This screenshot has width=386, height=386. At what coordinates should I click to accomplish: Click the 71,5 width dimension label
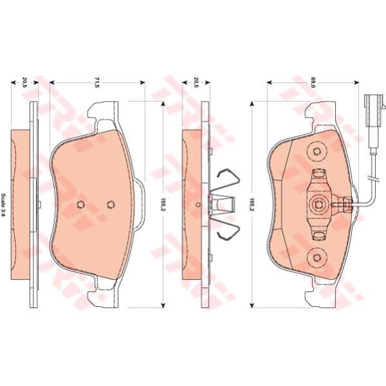coord(97,82)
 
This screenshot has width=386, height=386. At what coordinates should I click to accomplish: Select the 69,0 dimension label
coord(313,82)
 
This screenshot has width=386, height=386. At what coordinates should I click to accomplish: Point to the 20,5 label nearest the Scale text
coord(24,82)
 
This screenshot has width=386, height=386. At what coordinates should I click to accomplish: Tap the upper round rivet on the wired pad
coord(317,152)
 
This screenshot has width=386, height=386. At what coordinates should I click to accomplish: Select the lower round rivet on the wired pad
coord(317,258)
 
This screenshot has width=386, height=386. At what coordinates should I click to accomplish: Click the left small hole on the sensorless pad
coord(80,205)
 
